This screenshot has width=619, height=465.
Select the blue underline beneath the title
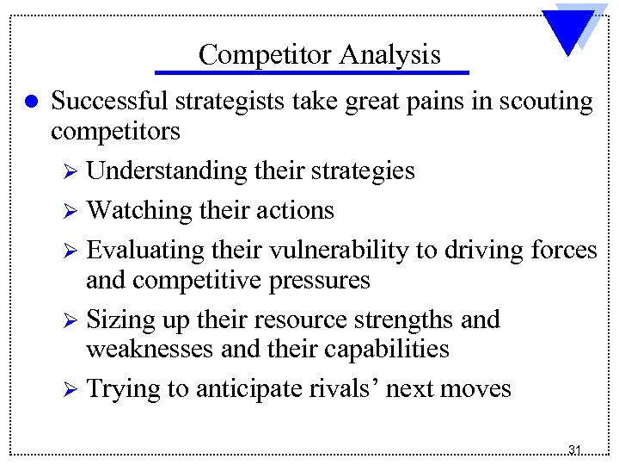pos(313,72)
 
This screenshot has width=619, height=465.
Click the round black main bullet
pos(30,102)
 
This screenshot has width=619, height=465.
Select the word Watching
pos(139,210)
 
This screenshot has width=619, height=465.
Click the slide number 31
pos(575,449)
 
